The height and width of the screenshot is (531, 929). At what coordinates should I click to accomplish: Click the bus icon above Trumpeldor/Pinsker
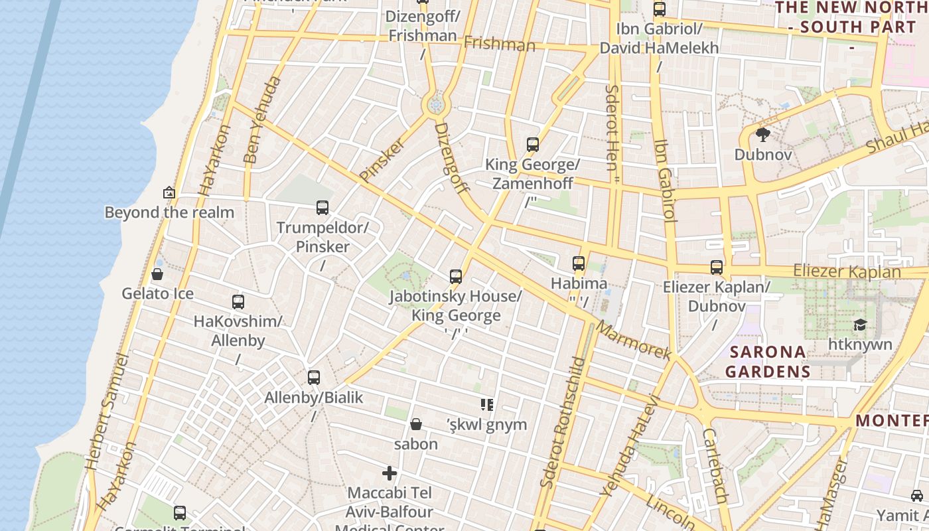322,208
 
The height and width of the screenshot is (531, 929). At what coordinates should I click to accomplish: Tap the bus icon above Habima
579,264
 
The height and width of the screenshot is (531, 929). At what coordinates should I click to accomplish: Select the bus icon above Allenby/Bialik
314,378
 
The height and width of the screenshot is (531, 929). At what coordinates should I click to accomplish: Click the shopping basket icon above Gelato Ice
157,274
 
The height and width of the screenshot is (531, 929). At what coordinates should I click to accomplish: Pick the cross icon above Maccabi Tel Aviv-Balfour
390,473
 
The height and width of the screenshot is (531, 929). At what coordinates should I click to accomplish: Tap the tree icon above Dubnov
762,135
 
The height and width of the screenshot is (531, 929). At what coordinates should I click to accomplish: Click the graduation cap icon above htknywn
860,325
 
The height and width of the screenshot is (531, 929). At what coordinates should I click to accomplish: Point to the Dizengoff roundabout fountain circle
436,104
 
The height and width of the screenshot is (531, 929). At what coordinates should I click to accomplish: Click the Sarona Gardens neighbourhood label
768,361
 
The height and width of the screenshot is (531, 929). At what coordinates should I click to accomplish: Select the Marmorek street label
633,340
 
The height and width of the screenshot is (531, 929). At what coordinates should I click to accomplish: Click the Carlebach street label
715,465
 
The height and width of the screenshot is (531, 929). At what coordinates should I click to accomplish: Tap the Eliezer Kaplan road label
847,271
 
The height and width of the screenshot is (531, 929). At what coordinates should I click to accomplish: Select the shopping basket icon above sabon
416,424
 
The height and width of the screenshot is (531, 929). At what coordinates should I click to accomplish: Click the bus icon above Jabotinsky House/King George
455,276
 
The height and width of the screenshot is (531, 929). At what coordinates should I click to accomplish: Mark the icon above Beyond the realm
169,193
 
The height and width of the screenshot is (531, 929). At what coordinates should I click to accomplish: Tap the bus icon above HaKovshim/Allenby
238,302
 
